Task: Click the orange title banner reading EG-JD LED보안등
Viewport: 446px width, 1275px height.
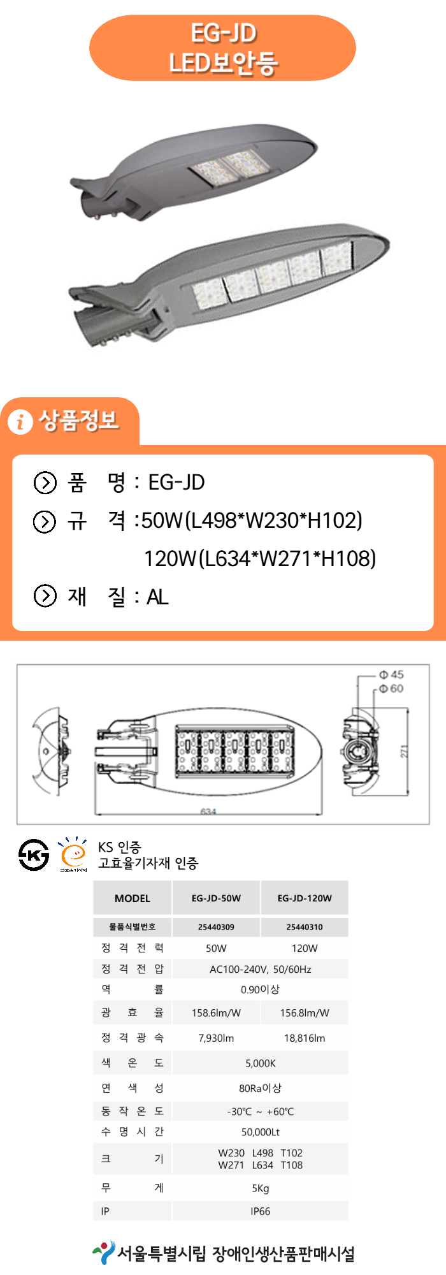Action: click(222, 48)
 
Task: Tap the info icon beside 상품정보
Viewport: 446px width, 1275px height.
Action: click(20, 421)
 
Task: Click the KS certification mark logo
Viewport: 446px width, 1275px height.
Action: click(34, 854)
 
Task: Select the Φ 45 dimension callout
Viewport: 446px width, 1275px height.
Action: click(391, 674)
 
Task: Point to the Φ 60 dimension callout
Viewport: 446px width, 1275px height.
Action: click(391, 688)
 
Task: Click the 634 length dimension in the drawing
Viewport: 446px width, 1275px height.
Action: click(208, 812)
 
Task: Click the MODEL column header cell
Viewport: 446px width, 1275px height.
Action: click(133, 898)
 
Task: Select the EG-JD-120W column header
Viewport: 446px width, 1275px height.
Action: click(305, 898)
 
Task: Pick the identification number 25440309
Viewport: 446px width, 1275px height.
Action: click(216, 927)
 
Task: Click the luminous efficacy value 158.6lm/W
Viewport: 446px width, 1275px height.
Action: click(216, 1012)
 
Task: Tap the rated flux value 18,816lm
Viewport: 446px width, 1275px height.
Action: click(305, 1038)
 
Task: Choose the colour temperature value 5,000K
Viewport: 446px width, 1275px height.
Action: click(260, 1063)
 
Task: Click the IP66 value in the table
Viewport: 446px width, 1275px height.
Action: click(260, 1211)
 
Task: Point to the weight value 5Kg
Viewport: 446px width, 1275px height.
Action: click(260, 1188)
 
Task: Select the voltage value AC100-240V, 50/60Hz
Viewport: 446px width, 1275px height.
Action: click(260, 969)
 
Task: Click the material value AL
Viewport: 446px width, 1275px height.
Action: click(157, 597)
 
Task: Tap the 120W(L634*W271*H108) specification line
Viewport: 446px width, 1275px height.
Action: click(259, 558)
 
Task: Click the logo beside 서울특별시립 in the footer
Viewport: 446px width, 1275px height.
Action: click(103, 1253)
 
